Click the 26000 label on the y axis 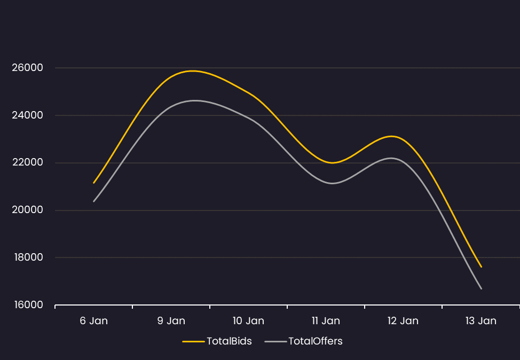(27, 68)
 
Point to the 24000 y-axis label (27, 115)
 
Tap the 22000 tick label (27, 163)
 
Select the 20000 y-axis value (27, 210)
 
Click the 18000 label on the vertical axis (27, 257)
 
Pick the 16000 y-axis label (27, 305)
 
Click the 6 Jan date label (94, 321)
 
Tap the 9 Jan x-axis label (171, 321)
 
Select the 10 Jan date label (248, 321)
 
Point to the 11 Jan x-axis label (326, 321)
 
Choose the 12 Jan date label (403, 321)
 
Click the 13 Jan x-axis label (480, 321)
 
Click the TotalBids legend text (229, 341)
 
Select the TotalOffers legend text (315, 341)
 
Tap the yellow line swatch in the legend (193, 341)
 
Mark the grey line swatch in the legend (275, 341)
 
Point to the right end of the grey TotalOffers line (481, 288)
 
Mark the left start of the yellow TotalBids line (94, 183)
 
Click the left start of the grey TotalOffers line (94, 201)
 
